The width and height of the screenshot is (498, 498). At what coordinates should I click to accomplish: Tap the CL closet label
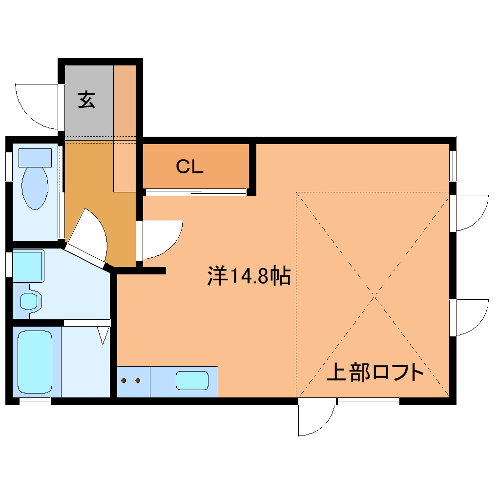point(189,167)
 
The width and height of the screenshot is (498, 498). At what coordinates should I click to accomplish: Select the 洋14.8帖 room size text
point(249,276)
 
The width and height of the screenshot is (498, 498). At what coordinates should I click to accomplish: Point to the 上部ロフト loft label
point(375,373)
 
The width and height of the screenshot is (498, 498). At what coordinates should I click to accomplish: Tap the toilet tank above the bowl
point(35,157)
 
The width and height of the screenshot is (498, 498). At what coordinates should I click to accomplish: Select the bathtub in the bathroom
point(35,362)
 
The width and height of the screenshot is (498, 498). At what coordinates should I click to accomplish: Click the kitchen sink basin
point(192,380)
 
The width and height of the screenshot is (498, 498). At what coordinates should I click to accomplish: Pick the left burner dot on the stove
point(124,380)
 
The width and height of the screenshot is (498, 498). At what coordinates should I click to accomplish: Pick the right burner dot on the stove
point(138,380)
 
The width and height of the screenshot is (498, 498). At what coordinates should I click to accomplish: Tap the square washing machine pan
point(28,266)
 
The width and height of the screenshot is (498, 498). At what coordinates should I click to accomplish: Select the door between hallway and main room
point(160,240)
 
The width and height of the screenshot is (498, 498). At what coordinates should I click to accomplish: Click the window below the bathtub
point(35,401)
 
